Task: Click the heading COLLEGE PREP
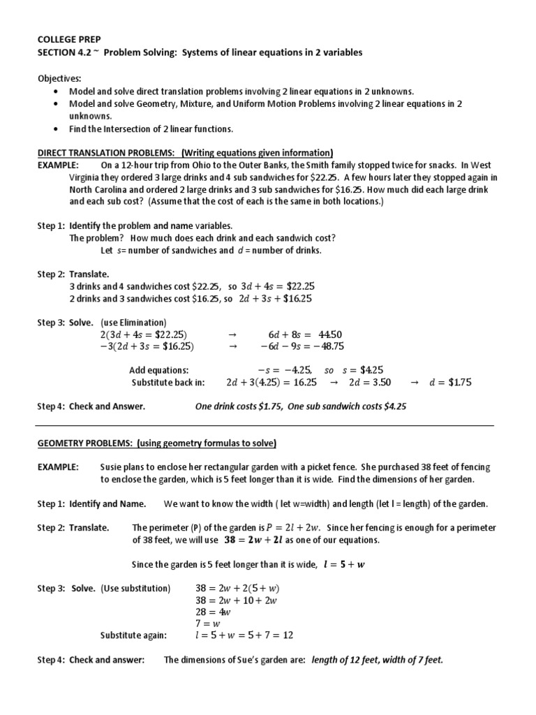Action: click(x=66, y=40)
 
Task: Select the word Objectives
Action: click(x=59, y=78)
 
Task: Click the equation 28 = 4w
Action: click(x=213, y=612)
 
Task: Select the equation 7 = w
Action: click(x=208, y=623)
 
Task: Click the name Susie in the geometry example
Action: click(x=113, y=467)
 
